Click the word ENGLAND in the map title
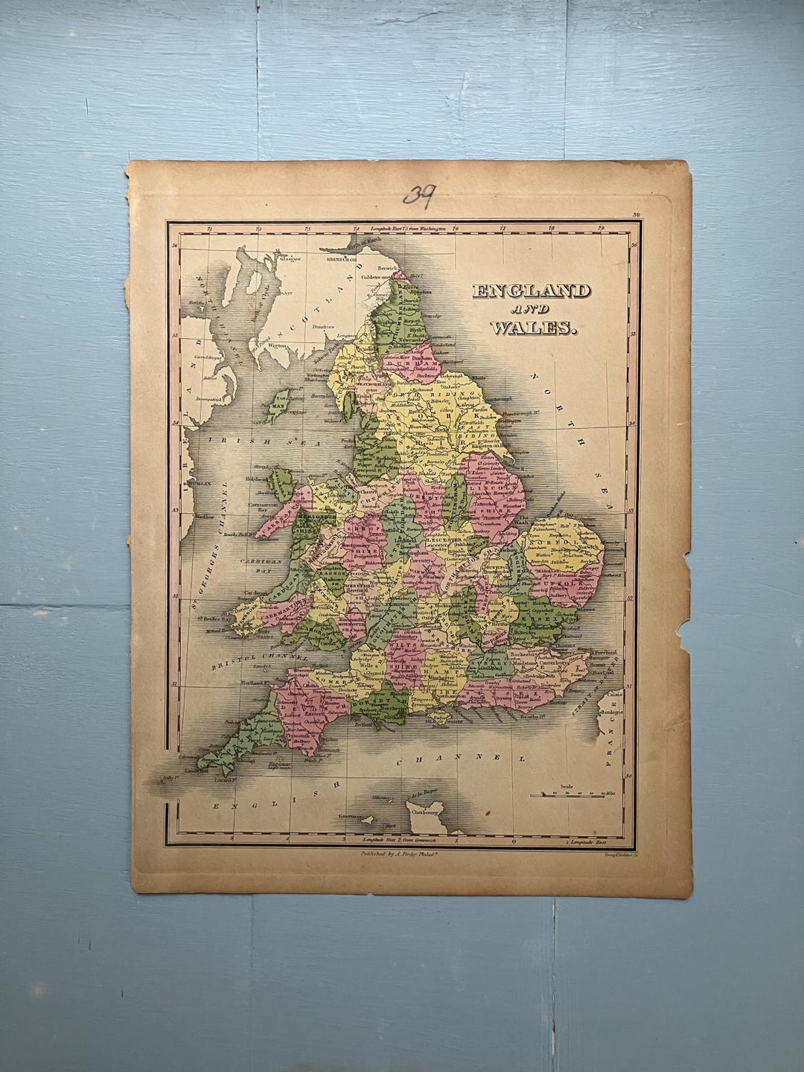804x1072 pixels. (531, 291)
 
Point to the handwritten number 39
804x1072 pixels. (419, 195)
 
